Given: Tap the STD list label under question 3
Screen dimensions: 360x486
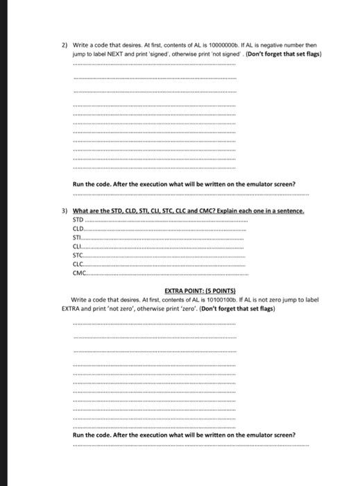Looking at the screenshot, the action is pos(78,218).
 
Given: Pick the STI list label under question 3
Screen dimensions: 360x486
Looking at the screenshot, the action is pos(77,237).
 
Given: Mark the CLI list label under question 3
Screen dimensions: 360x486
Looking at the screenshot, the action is pos(76,246).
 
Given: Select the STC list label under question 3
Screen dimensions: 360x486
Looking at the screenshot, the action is pos(78,254).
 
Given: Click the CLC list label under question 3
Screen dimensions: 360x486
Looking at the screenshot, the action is pos(78,263).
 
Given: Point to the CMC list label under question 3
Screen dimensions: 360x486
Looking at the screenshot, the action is pos(78,271).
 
